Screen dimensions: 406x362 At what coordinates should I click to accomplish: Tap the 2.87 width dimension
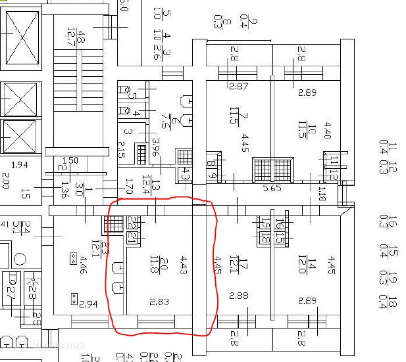coord(238,86)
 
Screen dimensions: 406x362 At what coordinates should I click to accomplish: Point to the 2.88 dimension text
coord(238,296)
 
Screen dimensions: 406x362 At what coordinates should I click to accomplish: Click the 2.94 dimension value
coord(89,304)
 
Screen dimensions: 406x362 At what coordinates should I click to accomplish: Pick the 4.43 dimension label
coord(184,265)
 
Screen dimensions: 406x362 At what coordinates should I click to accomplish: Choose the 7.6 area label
coord(165,122)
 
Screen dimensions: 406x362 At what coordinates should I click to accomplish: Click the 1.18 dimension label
coord(322,194)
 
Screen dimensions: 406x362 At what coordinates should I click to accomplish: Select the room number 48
coord(81,37)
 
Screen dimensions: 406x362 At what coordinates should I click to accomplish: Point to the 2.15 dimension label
coord(120,150)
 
